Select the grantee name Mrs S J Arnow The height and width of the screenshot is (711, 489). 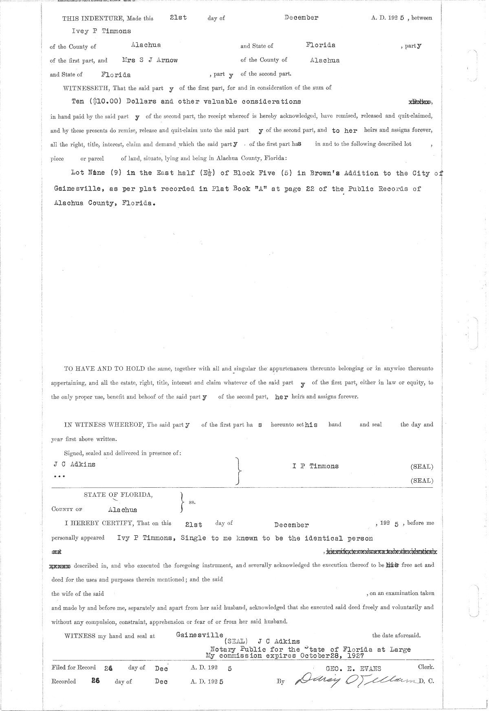coord(150,60)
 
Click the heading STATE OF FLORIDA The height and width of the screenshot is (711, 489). coord(118,495)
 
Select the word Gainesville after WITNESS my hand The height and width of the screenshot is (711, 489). coord(200,635)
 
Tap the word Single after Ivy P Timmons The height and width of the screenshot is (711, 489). coord(194,538)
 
